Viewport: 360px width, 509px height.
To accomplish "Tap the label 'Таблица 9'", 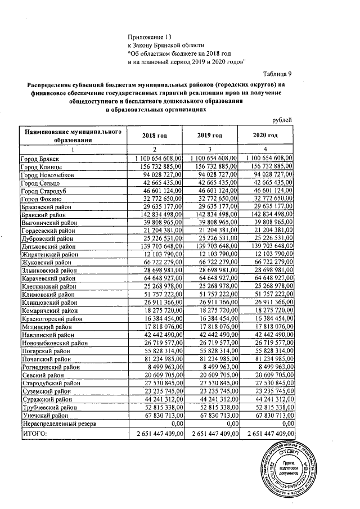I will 277,74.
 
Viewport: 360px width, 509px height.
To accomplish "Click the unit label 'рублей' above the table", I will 282,120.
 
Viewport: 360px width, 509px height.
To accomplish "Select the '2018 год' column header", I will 155,136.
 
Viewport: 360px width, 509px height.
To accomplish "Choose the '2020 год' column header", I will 267,136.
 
